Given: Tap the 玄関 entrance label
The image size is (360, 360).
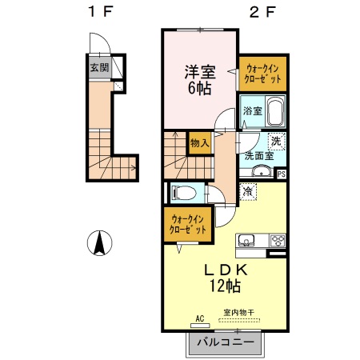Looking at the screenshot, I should pos(98,68).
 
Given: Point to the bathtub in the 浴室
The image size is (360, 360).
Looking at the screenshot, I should pos(276,111).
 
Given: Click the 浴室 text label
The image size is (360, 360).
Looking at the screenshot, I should pos(252,111).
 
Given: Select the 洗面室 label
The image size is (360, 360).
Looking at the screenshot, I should pos(260,156).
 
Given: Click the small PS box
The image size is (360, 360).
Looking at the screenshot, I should pos(281,172).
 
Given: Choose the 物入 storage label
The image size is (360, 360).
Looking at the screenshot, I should pos(199,143).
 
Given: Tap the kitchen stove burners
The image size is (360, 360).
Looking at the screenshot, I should pos(277,240).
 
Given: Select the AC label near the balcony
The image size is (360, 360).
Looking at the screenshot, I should pos(199,318).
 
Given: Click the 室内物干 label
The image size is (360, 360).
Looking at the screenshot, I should pos(238,313).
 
